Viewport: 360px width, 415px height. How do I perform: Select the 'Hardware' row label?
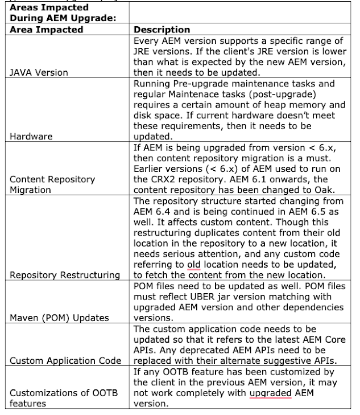[x=31, y=137]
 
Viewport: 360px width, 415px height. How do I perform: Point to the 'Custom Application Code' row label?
[x=65, y=360]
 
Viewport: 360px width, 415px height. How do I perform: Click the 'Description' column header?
[x=162, y=30]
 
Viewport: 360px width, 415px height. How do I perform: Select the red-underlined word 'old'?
[x=195, y=264]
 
